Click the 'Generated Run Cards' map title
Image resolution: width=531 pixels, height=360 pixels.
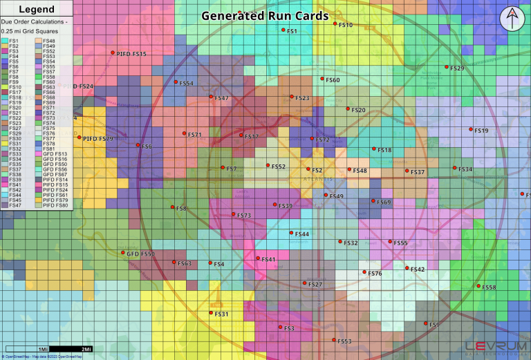[x=265, y=15]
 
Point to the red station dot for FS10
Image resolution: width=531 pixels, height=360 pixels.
[x=335, y=23]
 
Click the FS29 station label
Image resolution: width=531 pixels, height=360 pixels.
[x=457, y=68]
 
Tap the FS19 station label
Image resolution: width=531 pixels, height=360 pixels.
[x=481, y=131]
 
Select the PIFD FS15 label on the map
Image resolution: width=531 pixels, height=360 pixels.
[x=131, y=53]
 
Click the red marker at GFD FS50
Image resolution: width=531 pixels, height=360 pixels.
[x=122, y=254]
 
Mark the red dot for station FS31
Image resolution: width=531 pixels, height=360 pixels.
[x=211, y=313]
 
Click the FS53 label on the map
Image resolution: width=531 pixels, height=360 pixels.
[x=344, y=341]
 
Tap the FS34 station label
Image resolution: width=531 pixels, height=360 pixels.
[x=465, y=169]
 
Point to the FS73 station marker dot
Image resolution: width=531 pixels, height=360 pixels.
[x=234, y=214]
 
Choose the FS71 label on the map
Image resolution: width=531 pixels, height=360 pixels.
[x=194, y=135]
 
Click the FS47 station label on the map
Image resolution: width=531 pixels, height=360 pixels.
[x=221, y=98]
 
